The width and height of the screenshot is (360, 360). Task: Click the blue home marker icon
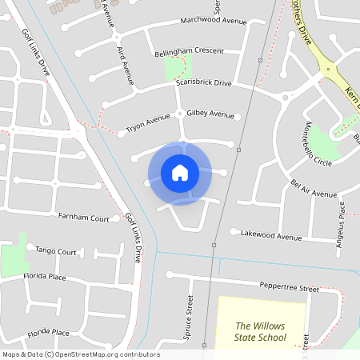tap(179, 172)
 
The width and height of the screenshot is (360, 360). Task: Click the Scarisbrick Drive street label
tap(203, 83)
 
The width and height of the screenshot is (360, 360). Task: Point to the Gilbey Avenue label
tap(210, 114)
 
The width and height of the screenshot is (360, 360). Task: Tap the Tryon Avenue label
tap(148, 123)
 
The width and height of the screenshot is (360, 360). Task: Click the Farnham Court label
tap(83, 217)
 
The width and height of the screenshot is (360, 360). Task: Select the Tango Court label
tap(56, 251)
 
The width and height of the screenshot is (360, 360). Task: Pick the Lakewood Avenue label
tap(271, 236)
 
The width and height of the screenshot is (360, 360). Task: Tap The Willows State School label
tap(260, 331)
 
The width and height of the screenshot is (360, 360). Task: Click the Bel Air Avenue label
tap(314, 189)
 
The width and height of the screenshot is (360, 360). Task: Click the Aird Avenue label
tap(125, 64)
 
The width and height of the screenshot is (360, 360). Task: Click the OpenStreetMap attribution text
tap(80, 354)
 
